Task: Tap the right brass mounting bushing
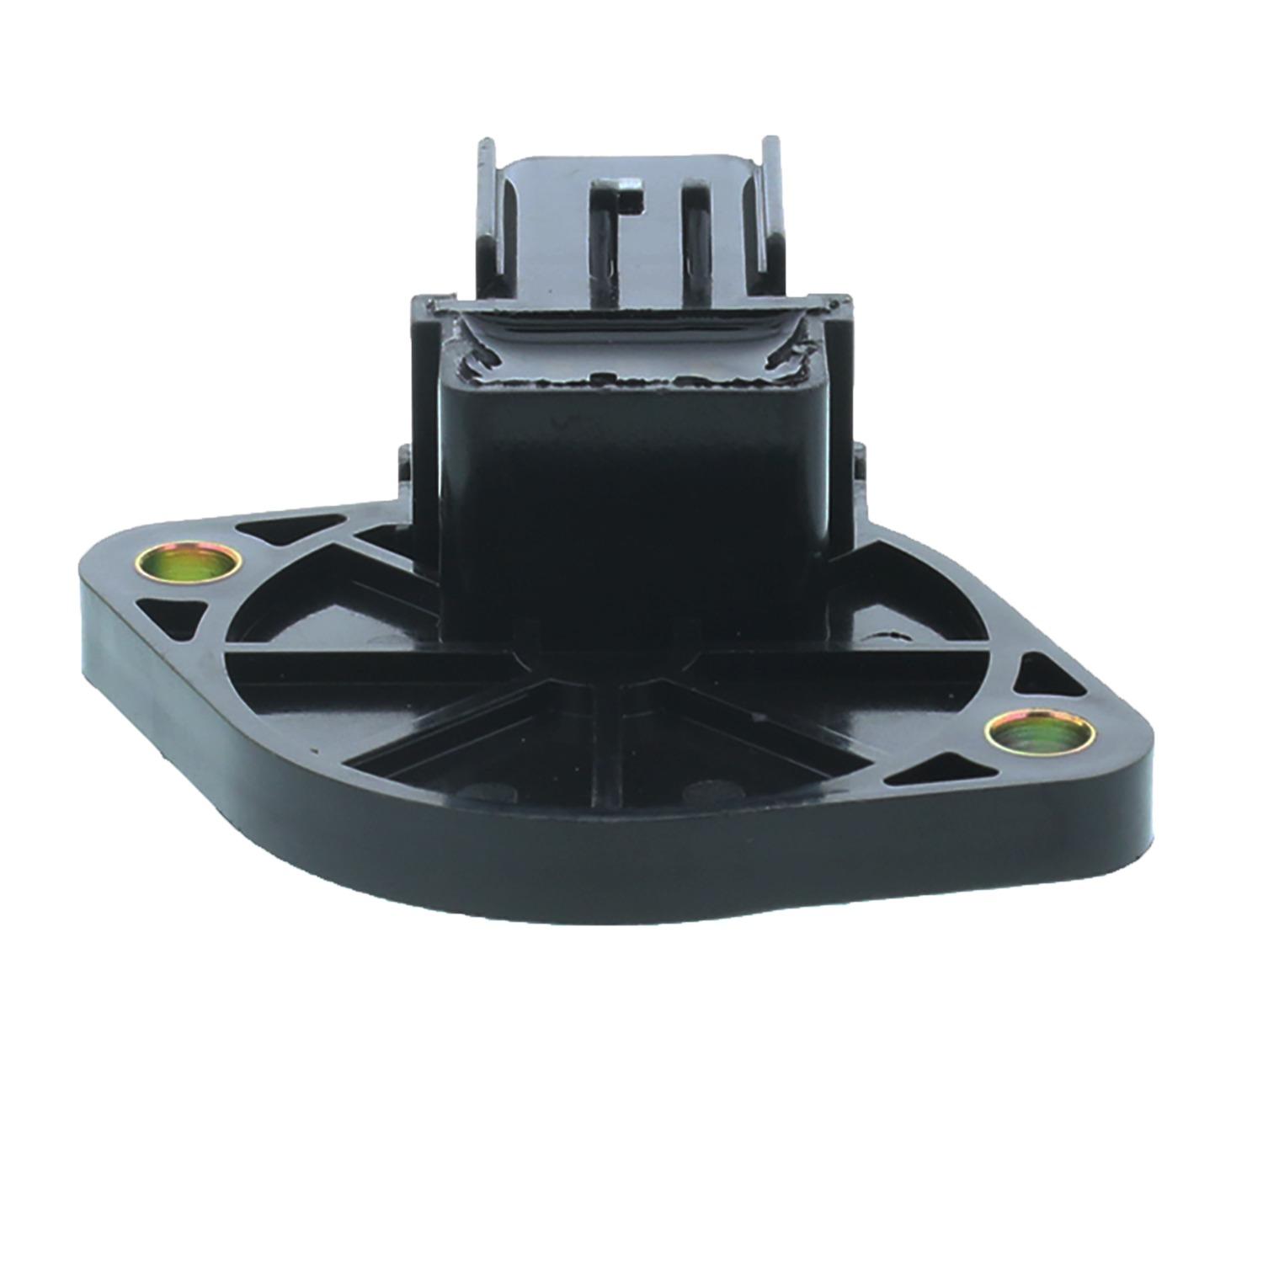[1041, 732]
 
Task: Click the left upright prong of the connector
[488, 210]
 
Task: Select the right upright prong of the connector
[770, 210]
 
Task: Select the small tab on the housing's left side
[404, 472]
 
